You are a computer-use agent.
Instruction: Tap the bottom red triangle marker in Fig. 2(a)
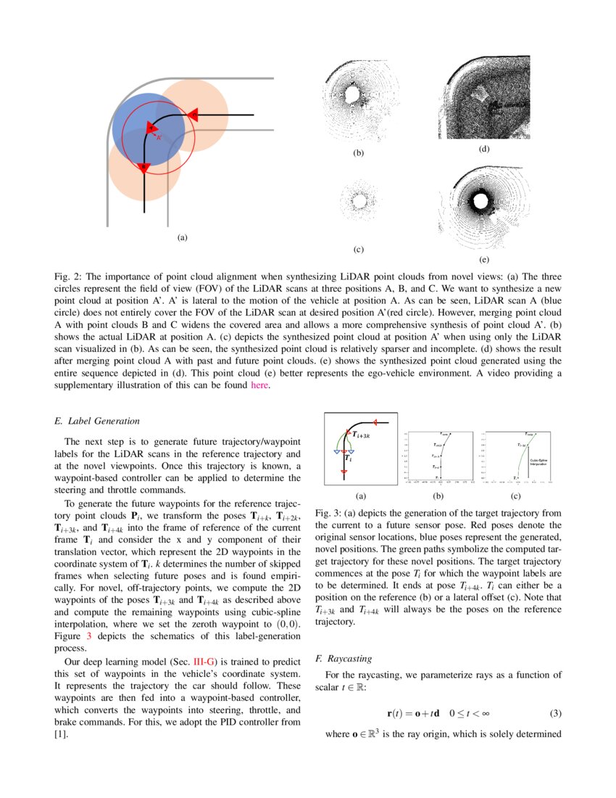coord(144,168)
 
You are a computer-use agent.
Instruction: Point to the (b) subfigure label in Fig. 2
coord(358,153)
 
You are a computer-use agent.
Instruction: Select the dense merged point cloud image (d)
coord(483,98)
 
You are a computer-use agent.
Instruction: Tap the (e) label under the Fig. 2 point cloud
coord(484,260)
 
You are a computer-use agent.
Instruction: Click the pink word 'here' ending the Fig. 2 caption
coord(259,385)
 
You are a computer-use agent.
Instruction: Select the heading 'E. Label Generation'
coord(97,421)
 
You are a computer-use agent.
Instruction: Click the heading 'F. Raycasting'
coord(344,659)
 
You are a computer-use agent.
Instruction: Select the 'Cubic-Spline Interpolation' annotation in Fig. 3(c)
coord(538,461)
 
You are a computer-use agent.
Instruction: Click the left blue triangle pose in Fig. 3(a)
coord(336,451)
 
